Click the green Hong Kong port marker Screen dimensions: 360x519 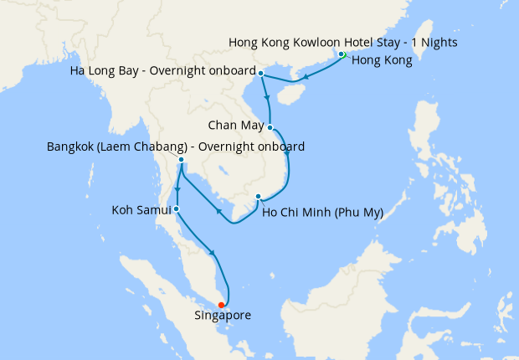(x=342, y=55)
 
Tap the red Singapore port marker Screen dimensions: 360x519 (x=221, y=305)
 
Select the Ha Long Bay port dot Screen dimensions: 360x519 (x=261, y=74)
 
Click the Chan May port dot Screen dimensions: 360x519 (x=270, y=127)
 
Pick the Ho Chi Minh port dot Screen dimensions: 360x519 (x=258, y=198)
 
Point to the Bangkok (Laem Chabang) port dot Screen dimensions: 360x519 (x=181, y=159)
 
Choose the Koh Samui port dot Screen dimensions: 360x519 (x=176, y=208)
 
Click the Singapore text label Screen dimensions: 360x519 (x=222, y=316)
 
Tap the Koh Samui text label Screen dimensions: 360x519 (x=141, y=209)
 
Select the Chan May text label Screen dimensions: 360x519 (x=236, y=127)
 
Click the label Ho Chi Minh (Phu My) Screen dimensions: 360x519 (x=322, y=212)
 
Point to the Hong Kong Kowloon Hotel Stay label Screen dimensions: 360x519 (x=342, y=42)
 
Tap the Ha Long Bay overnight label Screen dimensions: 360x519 (x=164, y=74)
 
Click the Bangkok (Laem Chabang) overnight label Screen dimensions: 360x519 (x=176, y=147)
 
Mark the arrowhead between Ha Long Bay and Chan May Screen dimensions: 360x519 (x=268, y=97)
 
